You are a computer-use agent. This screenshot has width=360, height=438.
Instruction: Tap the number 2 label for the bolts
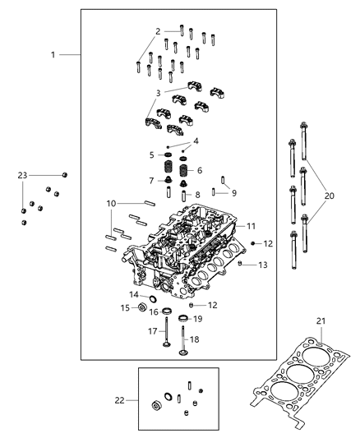coord(158,31)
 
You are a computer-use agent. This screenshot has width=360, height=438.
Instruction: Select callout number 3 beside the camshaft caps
coord(158,92)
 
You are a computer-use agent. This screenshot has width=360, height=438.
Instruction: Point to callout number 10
coord(111,203)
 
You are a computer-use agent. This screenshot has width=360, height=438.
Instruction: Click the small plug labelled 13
coord(239,265)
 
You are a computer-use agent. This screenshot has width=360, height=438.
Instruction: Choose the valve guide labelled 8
coord(183,196)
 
